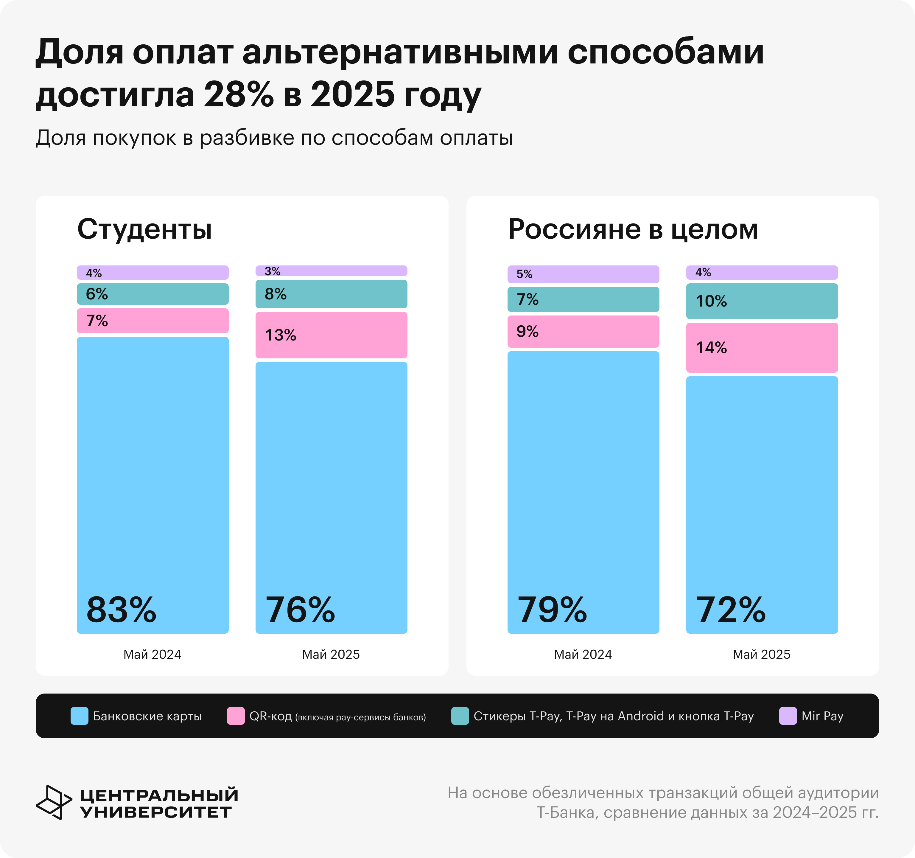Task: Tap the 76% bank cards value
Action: [x=300, y=610]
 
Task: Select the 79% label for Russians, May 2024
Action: [x=552, y=610]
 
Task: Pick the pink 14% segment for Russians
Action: [x=762, y=348]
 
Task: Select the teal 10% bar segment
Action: [x=762, y=301]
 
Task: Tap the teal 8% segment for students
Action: [x=332, y=294]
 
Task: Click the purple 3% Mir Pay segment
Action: [x=332, y=271]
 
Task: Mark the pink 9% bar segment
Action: [x=583, y=331]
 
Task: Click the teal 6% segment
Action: [x=152, y=294]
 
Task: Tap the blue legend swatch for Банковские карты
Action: [x=79, y=716]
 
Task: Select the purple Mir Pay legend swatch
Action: [x=788, y=716]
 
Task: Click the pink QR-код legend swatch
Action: [x=236, y=716]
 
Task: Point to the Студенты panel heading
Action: [x=144, y=229]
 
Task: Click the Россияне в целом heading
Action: [x=633, y=229]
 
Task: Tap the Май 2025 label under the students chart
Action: [x=331, y=654]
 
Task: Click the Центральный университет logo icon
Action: [x=53, y=802]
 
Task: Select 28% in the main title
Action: [x=238, y=95]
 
